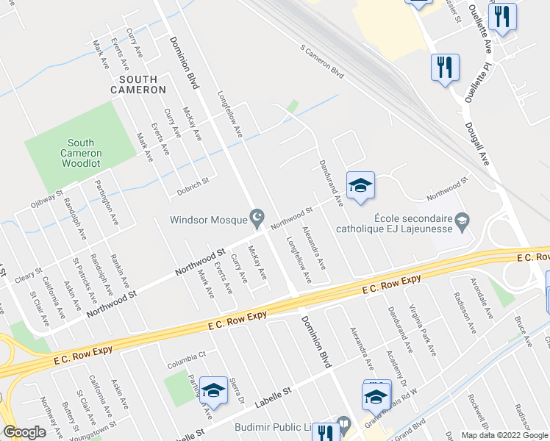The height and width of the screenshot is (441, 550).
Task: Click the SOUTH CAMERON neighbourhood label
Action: pyautogui.click(x=138, y=84)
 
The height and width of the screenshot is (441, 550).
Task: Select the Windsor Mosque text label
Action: pyautogui.click(x=209, y=219)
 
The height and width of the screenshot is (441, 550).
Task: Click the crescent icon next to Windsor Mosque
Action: pyautogui.click(x=257, y=218)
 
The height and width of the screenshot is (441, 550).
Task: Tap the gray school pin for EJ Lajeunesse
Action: pyautogui.click(x=462, y=219)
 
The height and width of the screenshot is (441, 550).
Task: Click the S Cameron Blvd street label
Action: pyautogui.click(x=322, y=61)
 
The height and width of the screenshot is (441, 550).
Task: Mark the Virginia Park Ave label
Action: pyautogui.click(x=423, y=331)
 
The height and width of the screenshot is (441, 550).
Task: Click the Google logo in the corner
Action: pyautogui.click(x=24, y=433)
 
